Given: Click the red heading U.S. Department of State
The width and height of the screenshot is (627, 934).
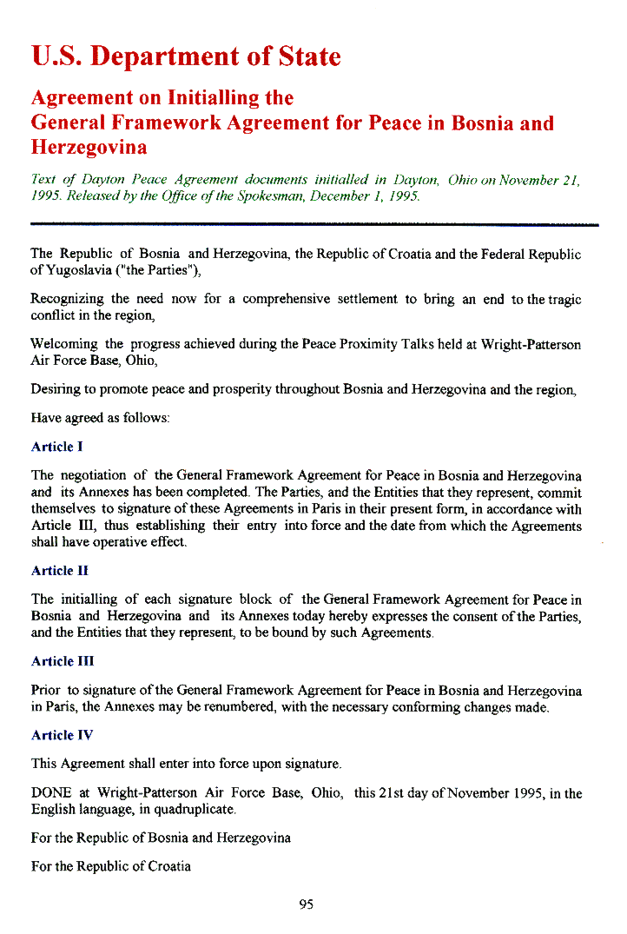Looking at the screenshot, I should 186,57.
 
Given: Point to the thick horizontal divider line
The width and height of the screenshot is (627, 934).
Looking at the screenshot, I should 314,225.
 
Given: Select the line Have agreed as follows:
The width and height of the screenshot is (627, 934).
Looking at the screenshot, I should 100,418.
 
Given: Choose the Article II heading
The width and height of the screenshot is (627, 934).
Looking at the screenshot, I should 59,571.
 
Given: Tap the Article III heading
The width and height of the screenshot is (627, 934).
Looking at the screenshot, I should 63,661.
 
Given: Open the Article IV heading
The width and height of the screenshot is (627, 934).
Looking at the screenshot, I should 62,735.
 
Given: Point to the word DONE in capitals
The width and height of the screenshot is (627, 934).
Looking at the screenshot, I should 51,793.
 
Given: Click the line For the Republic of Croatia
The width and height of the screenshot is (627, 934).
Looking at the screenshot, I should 111,866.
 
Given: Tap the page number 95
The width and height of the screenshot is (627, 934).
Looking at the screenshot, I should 306,904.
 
